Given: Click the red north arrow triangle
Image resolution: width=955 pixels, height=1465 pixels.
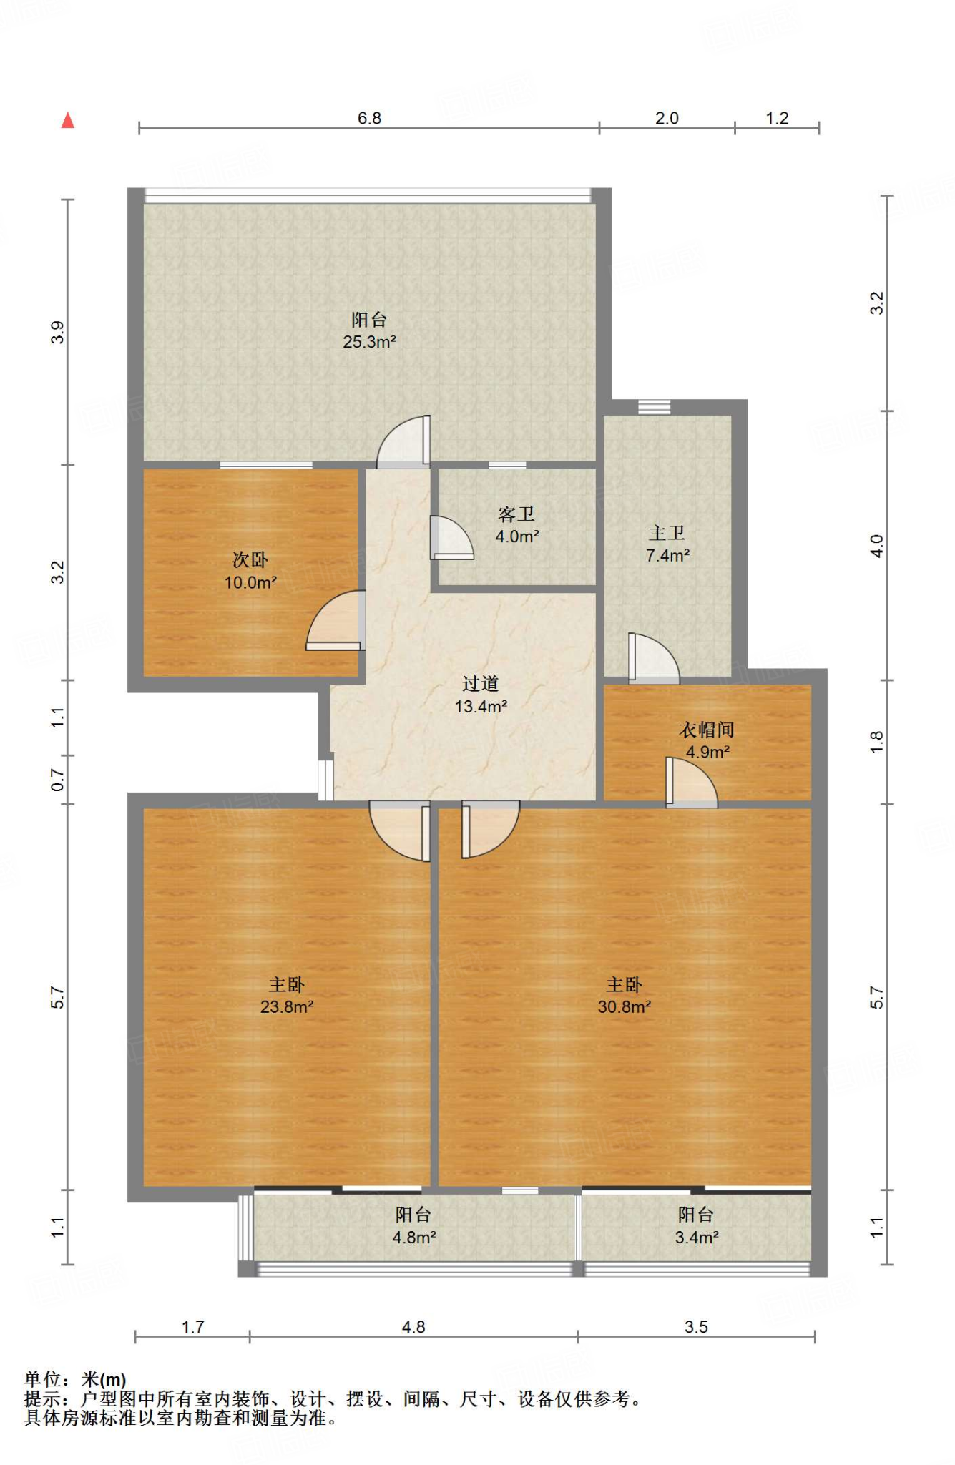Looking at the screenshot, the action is click(x=68, y=120).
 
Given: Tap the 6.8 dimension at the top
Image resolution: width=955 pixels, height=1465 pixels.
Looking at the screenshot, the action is click(x=369, y=118).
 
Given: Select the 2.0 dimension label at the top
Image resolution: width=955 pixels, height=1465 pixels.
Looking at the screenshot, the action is click(x=667, y=118).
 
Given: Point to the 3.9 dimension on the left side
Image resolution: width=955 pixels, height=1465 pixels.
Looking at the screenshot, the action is click(x=57, y=333).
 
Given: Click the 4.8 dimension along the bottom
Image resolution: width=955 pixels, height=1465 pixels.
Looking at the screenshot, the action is click(x=413, y=1327).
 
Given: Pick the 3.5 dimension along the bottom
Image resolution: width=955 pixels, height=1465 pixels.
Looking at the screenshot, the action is click(x=696, y=1327).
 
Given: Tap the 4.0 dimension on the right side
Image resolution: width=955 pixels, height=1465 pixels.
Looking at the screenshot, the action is click(x=877, y=547).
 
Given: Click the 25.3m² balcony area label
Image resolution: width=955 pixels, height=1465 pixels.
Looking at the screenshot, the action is click(x=369, y=342).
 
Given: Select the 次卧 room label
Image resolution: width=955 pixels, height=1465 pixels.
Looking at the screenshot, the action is click(x=250, y=559).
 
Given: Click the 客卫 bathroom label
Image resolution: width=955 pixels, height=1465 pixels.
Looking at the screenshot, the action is click(x=516, y=514).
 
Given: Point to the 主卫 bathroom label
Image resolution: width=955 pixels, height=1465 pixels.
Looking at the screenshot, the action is click(x=667, y=533).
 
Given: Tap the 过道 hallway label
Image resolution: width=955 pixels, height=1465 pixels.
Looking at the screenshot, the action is click(x=480, y=684).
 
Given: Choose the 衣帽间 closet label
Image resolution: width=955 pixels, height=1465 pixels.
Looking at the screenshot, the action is click(x=707, y=730).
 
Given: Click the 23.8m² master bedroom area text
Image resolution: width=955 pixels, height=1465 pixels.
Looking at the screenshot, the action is click(x=287, y=1007).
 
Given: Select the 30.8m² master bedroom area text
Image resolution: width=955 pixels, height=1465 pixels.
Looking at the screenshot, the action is click(x=625, y=1007).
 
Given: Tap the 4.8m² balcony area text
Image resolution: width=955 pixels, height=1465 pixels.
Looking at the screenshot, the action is click(x=414, y=1237).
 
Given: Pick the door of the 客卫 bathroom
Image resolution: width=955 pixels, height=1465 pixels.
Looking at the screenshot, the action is click(x=451, y=537).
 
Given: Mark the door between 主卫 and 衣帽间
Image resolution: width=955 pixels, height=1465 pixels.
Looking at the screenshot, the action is click(x=653, y=658).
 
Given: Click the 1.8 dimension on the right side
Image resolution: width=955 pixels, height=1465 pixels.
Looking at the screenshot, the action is click(x=877, y=742).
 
